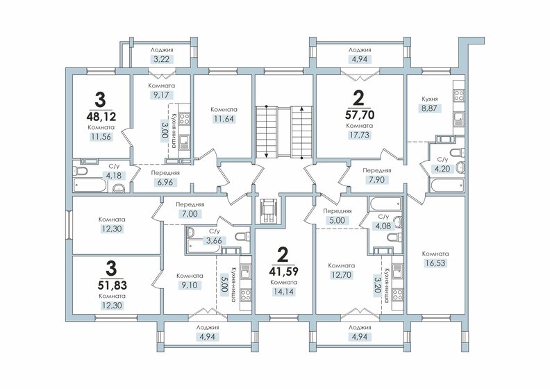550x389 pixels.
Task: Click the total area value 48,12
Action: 101,117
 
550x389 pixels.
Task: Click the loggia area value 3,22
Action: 161,60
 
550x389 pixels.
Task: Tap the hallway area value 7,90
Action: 376,180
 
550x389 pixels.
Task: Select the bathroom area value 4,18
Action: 112,176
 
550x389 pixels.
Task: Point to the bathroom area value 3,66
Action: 212,240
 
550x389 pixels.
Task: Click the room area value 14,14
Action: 284,292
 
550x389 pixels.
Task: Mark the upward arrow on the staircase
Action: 301,110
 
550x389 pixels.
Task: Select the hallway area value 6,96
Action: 165,181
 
